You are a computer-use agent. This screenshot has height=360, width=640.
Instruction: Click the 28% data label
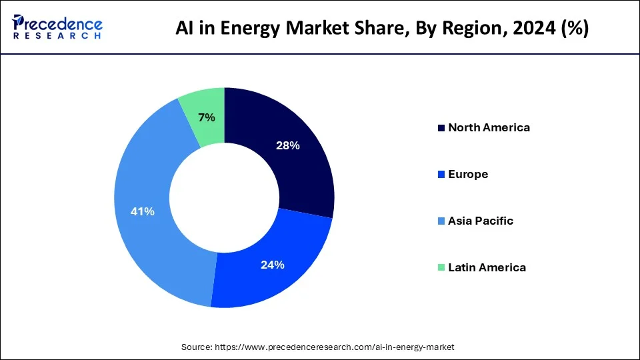coord(289,145)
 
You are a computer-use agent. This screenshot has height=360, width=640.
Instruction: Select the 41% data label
coord(143,211)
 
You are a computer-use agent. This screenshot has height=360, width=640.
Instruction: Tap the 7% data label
coord(207,117)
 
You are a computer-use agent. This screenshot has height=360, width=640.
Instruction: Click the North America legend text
coord(489,127)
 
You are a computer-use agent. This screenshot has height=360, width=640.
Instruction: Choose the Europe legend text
coord(468,174)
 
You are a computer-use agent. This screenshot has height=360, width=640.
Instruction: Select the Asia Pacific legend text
coord(481,221)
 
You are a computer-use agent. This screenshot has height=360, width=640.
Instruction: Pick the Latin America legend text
coord(487,267)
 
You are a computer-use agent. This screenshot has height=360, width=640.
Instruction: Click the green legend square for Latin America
coord(441,268)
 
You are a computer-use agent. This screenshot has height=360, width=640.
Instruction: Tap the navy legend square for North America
coord(441,128)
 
